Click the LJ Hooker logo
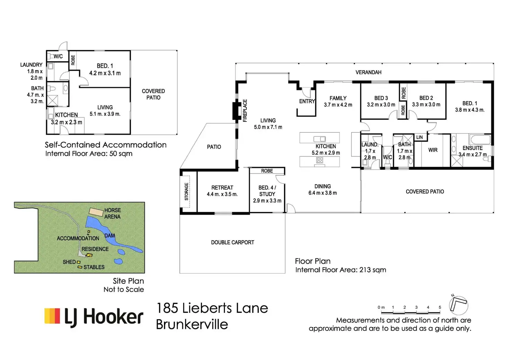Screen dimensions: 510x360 94,317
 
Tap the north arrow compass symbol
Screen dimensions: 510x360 458,305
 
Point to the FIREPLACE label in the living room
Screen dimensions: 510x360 245,110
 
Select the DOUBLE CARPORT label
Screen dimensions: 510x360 232,242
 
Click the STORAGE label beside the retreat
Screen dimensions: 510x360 186,191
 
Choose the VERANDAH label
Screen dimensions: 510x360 368,72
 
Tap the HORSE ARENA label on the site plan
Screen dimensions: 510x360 113,213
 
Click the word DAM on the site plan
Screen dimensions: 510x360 109,236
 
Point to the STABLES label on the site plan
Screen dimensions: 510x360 94,267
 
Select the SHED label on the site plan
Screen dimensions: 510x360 69,262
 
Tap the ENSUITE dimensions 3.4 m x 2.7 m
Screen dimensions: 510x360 473,154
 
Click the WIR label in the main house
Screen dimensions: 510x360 433,150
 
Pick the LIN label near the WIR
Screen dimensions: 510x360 420,137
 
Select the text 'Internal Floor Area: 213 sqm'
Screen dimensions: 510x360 341,270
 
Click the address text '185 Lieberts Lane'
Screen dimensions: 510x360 212,308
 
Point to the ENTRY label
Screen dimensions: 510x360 307,101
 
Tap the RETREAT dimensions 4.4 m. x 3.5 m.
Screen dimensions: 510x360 222,194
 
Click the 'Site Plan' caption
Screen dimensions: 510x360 128,281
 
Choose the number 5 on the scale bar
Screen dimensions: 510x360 440,307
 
